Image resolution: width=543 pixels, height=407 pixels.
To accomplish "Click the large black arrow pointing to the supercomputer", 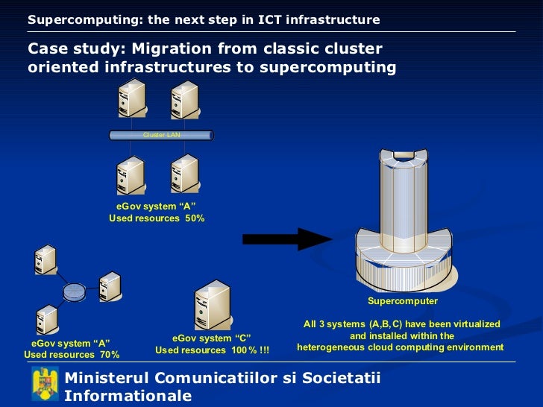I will point(287,239).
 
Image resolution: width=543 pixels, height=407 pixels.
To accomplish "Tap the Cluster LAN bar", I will point(161,135).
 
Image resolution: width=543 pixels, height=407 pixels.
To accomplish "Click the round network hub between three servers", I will point(74,291).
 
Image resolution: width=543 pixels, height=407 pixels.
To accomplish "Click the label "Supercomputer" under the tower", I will point(403,301).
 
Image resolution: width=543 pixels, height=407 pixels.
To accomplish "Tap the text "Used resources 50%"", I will point(157,218).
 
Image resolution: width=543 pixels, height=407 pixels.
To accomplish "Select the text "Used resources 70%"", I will point(72,355).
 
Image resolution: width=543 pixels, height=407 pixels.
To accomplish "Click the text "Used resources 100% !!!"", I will point(212,350).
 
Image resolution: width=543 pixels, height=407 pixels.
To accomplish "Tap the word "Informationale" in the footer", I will point(128,396).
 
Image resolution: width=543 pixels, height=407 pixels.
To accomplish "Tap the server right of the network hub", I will point(109,286).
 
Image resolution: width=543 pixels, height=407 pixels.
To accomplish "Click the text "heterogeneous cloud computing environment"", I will point(401,347).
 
